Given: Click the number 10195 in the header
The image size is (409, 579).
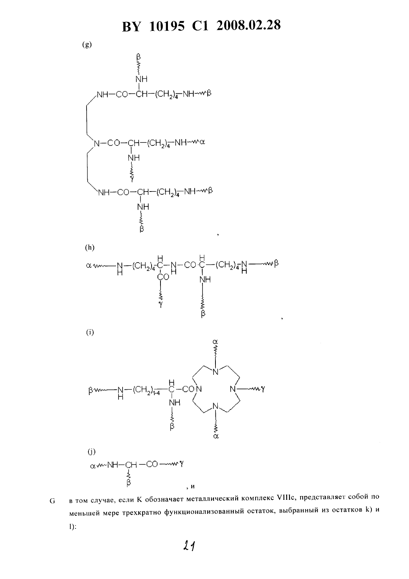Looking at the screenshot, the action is (x=167, y=26).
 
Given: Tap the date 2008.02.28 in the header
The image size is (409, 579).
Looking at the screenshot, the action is (x=249, y=26).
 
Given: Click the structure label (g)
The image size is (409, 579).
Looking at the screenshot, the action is (x=87, y=45).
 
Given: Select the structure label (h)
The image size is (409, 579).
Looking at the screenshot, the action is (x=90, y=248).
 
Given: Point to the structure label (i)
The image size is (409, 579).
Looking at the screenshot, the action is (x=90, y=332).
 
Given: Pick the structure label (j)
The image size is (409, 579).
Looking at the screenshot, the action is (x=92, y=451).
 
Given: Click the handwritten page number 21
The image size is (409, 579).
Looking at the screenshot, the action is (x=189, y=546).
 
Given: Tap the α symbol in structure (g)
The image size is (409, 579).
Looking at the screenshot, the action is (x=202, y=142).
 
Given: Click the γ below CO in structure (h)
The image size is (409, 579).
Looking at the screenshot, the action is (x=161, y=305).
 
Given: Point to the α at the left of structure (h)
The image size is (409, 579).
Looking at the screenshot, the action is (x=89, y=266).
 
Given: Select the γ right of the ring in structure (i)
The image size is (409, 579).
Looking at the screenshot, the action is (x=263, y=389).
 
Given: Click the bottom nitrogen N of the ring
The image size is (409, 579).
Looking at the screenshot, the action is (x=215, y=406).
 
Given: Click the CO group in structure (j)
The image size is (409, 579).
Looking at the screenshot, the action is (x=152, y=464).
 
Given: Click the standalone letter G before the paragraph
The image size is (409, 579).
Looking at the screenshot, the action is (x=52, y=501).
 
